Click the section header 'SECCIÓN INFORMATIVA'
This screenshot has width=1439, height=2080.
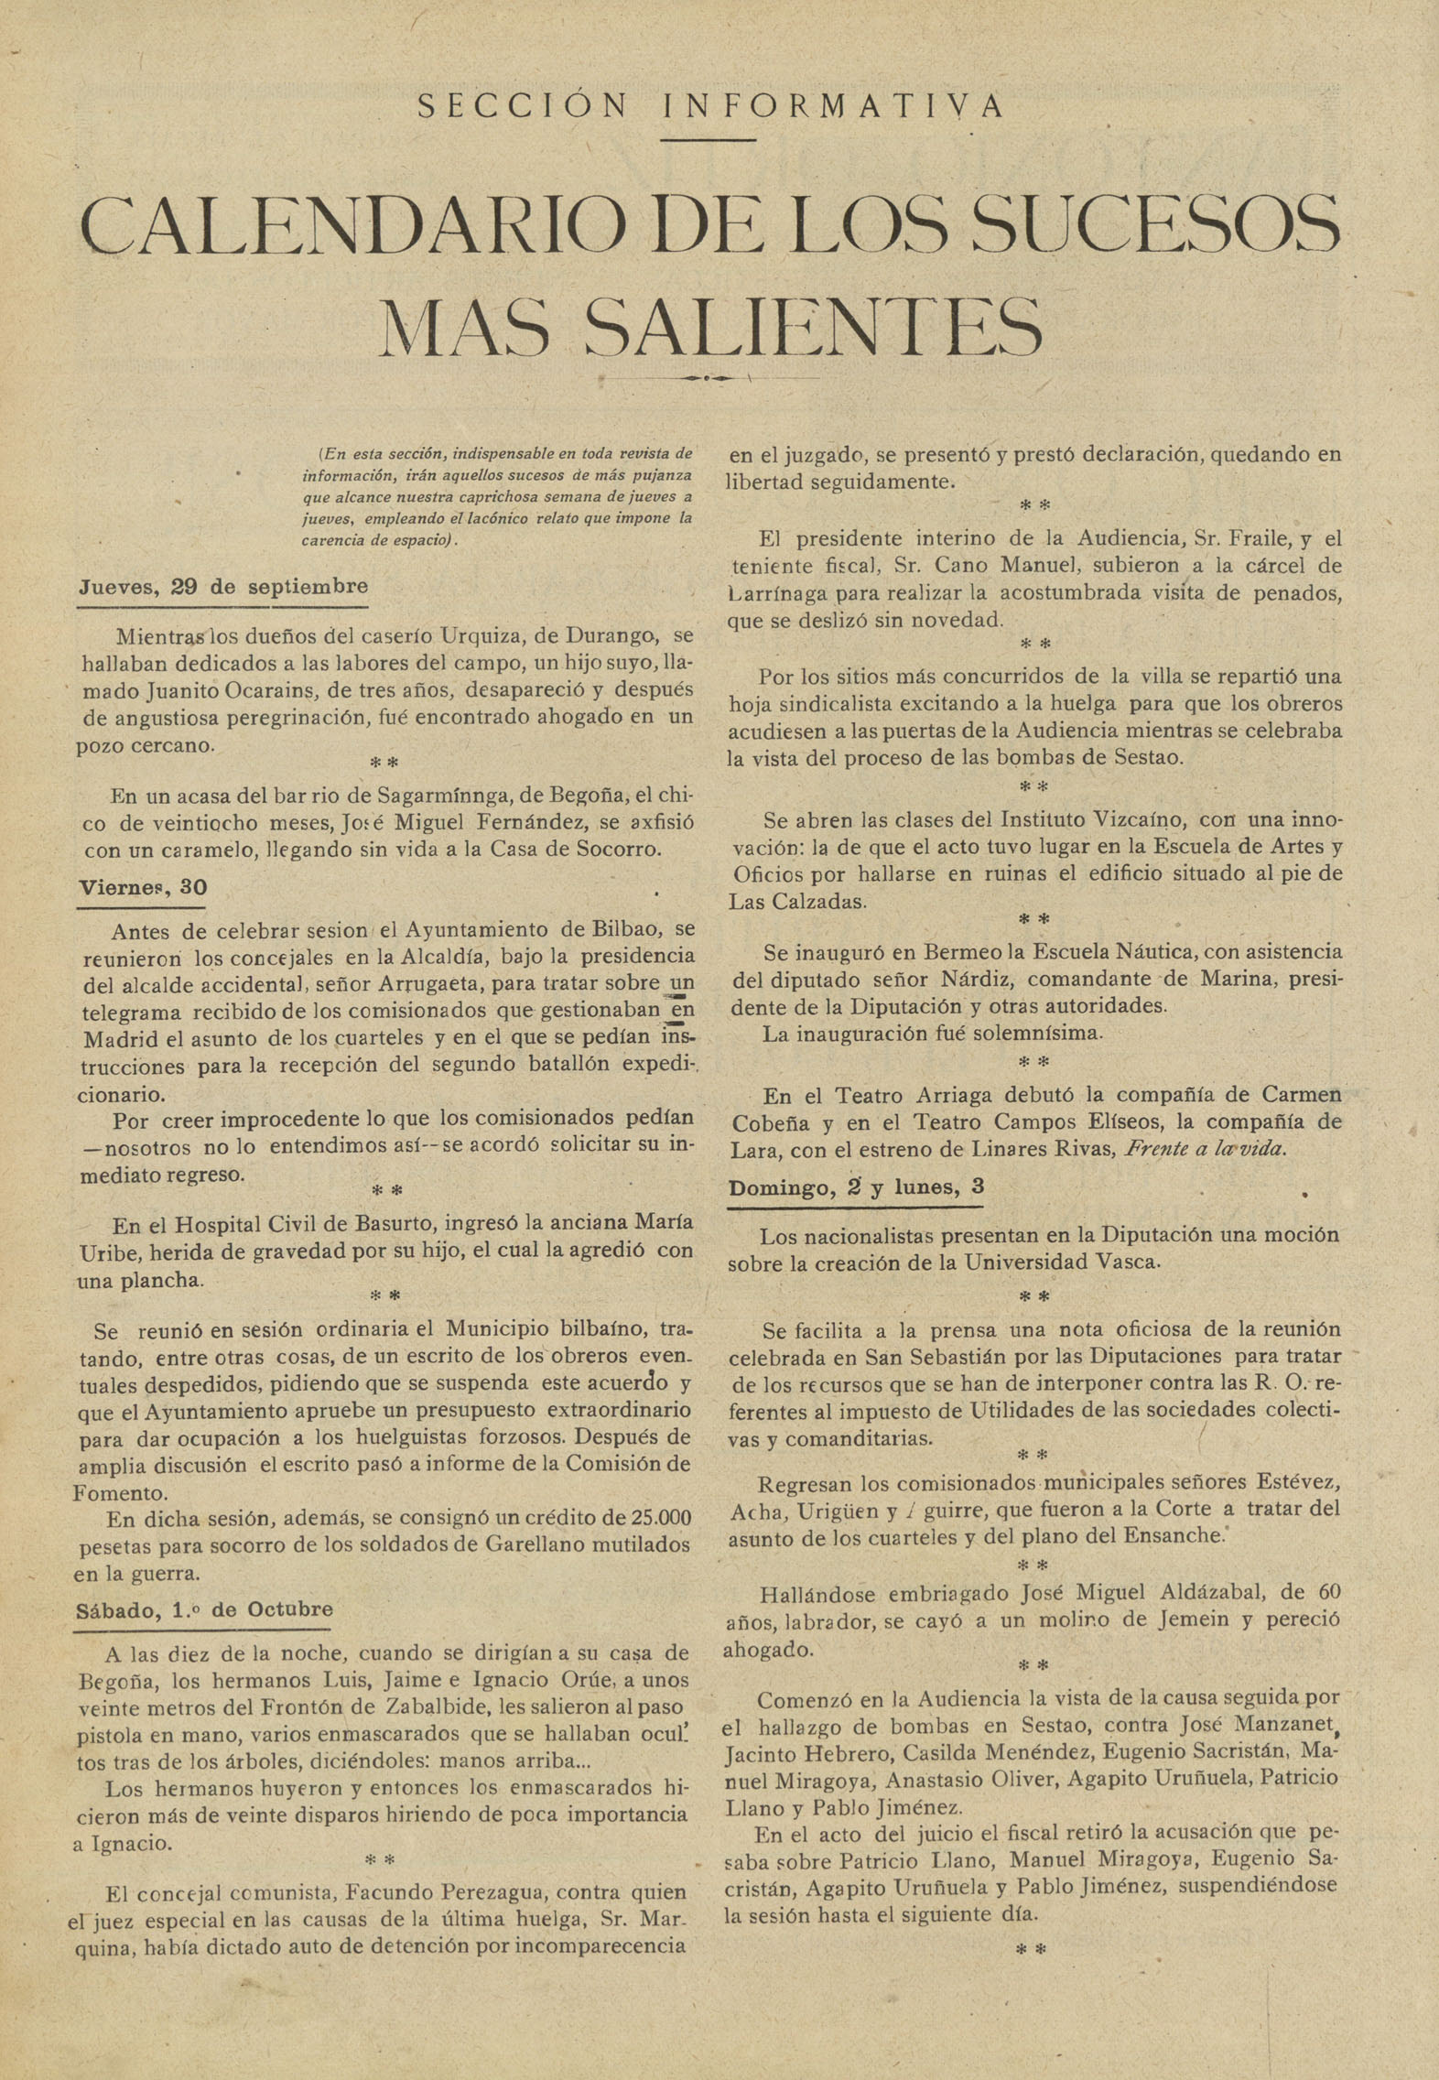(710, 106)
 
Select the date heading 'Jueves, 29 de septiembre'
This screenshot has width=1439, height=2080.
(223, 587)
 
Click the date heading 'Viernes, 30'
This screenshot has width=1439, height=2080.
(142, 887)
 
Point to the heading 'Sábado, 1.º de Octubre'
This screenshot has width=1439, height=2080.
(204, 1609)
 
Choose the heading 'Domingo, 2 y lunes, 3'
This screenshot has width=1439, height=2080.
(856, 1187)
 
